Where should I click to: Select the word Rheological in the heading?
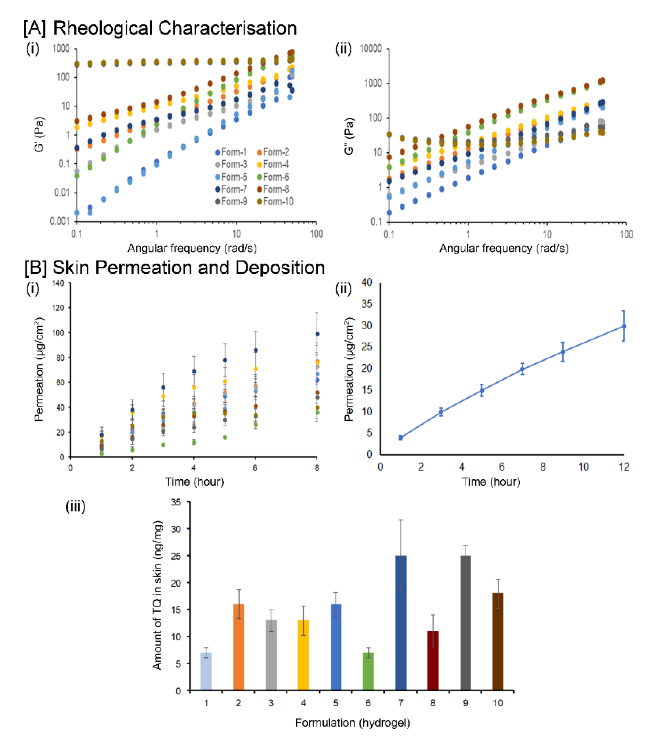[103, 28]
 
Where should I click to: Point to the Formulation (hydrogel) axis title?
[352, 723]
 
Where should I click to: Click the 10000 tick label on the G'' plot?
[371, 49]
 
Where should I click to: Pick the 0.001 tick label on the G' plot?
[60, 221]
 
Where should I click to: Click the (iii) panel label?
[75, 506]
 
